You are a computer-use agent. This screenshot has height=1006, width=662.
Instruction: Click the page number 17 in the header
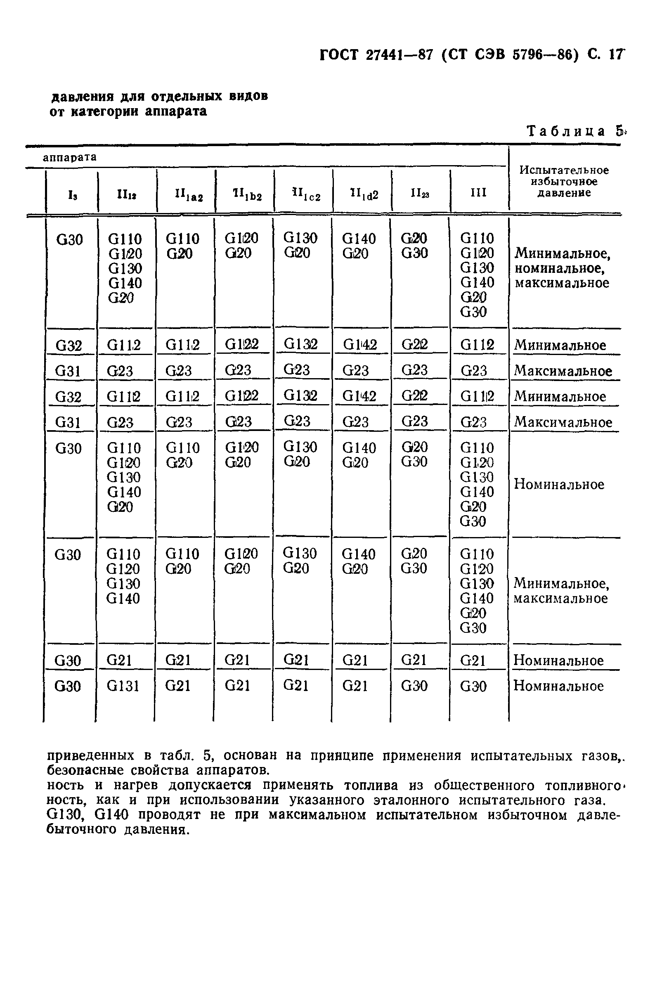point(615,55)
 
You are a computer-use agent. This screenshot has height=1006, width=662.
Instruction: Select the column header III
point(478,193)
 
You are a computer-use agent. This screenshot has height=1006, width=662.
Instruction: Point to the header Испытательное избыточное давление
point(564,182)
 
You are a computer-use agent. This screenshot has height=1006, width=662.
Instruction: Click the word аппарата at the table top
point(70,157)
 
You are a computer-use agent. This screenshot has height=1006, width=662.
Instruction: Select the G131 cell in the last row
point(123,686)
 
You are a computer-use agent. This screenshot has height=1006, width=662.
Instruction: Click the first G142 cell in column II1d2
point(359,345)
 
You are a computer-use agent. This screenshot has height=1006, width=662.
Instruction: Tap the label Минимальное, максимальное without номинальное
point(561,591)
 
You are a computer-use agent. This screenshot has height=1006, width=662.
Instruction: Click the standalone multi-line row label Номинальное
point(559,484)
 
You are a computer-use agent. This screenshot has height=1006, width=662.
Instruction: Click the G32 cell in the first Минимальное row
point(69,346)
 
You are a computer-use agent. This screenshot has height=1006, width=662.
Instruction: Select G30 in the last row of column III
point(473,686)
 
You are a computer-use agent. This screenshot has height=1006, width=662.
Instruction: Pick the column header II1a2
point(189,195)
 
